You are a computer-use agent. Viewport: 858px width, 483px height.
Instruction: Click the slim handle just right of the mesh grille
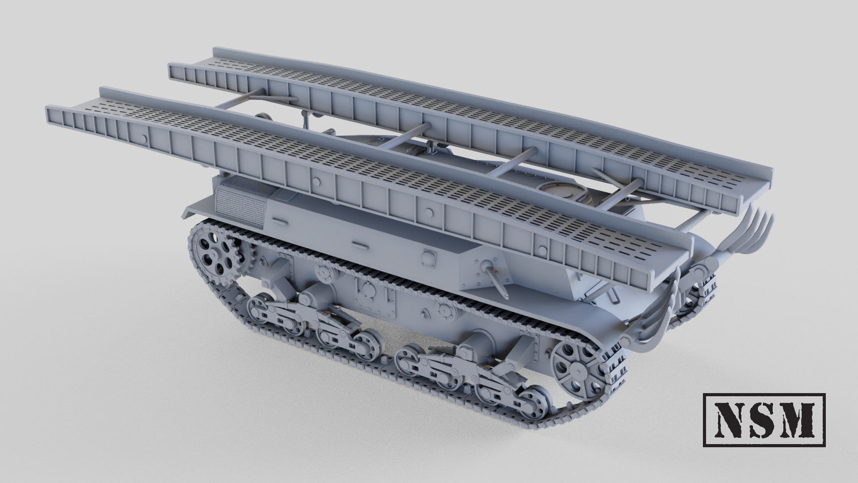[279, 220]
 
